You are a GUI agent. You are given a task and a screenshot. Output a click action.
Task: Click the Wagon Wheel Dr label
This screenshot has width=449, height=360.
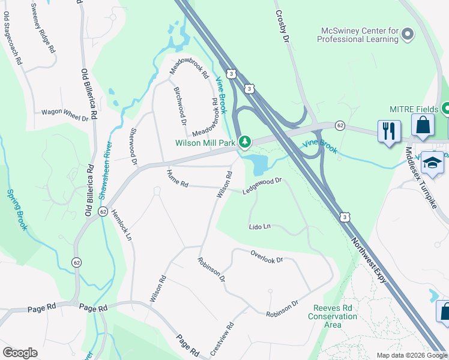tap(64, 112)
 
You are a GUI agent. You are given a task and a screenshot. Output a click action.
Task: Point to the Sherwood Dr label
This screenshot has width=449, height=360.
tap(133, 146)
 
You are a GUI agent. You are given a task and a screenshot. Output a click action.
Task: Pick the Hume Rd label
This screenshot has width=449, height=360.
tap(178, 178)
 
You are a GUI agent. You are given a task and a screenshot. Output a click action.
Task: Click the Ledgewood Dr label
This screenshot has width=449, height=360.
tap(262, 185)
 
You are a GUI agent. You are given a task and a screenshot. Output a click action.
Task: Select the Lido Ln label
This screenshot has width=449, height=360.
tap(261, 227)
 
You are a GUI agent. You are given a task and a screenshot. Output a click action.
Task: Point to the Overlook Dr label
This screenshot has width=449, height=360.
tap(267, 256)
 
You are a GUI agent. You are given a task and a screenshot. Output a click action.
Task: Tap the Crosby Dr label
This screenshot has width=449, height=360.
tap(282, 25)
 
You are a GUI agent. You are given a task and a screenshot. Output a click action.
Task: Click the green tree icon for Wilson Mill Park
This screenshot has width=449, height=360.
tap(244, 142)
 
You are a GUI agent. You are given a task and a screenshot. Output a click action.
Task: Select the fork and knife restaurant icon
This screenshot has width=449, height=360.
tap(389, 131)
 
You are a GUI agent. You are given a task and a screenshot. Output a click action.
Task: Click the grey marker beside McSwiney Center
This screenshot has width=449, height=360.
tap(408, 34)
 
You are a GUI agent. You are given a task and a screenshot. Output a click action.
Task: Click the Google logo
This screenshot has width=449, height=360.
tap(20, 353)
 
